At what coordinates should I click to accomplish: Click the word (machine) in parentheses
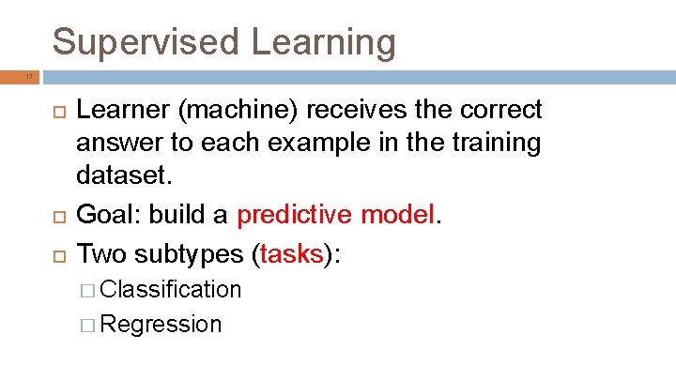(232, 110)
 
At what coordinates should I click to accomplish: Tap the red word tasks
(292, 254)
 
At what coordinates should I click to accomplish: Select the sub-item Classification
(170, 290)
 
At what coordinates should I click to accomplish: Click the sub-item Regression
(161, 325)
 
